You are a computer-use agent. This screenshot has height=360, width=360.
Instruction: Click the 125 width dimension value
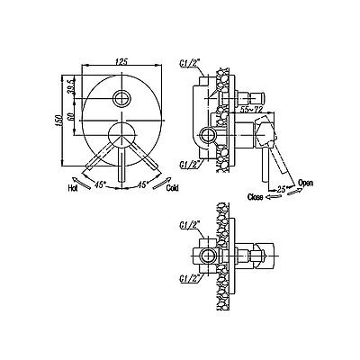point(121,62)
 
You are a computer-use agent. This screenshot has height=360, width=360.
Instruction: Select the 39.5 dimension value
point(71,87)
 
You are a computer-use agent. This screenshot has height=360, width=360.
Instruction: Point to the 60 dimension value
point(71,116)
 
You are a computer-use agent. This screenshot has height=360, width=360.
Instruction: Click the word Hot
point(72,188)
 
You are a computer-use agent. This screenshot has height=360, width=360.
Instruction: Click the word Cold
point(172,188)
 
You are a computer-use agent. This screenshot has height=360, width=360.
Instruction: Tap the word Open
point(305,183)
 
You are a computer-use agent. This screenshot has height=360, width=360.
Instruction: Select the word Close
point(256,197)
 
